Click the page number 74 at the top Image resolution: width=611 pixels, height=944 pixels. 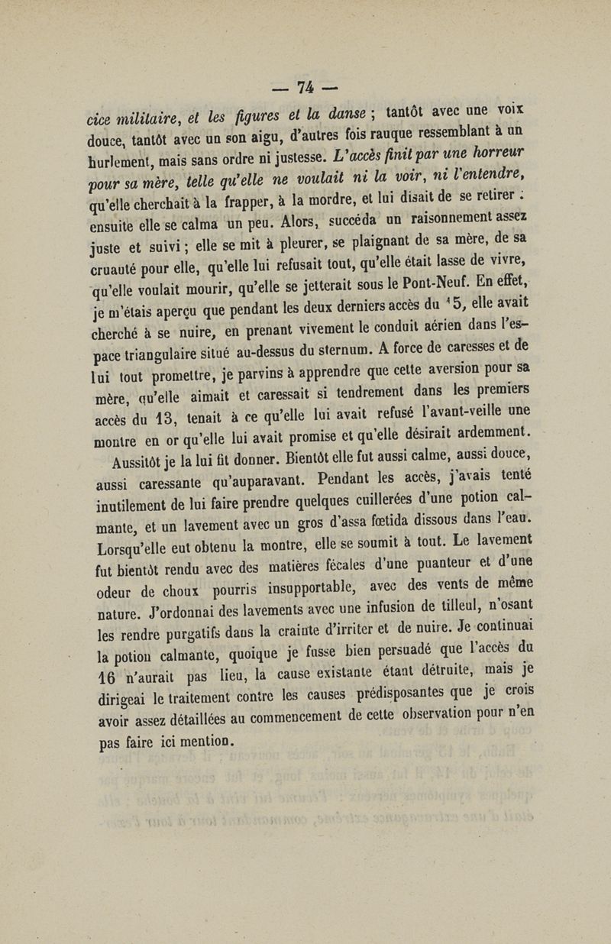(x=304, y=86)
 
